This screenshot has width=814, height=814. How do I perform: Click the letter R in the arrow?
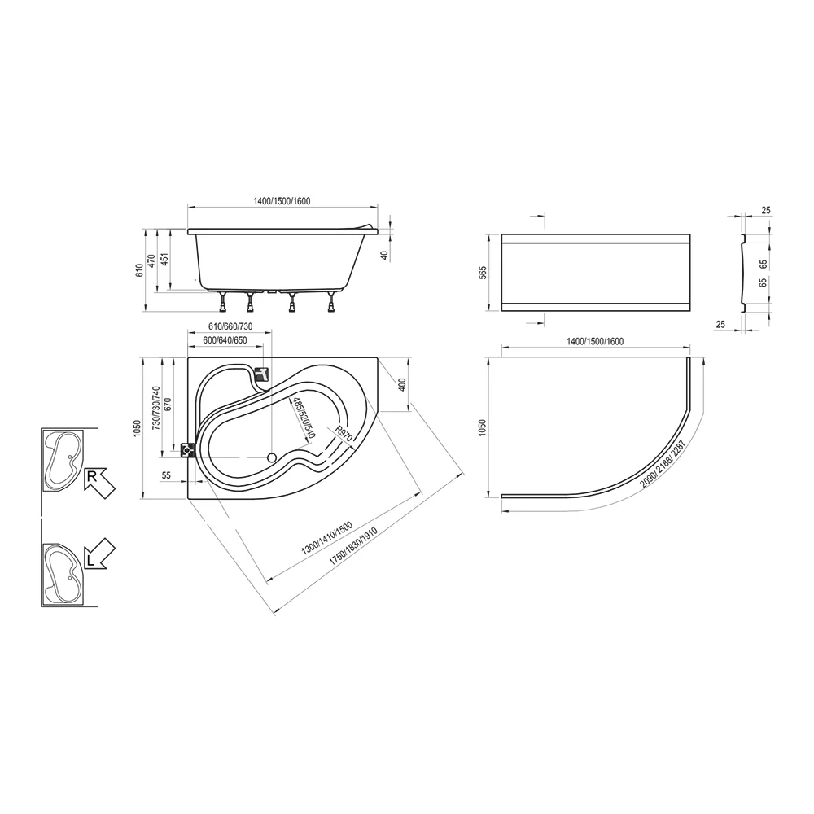pos(91,477)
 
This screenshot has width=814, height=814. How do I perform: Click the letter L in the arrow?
pos(91,560)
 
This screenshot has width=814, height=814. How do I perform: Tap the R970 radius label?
pos(343,433)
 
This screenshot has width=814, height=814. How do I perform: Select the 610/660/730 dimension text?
pos(230,326)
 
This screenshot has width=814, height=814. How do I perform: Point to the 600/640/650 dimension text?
pos(225,340)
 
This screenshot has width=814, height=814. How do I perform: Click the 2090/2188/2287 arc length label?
pos(663,464)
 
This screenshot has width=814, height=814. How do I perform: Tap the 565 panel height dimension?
pos(483,273)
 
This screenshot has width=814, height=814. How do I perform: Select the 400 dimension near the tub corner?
pos(402,384)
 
